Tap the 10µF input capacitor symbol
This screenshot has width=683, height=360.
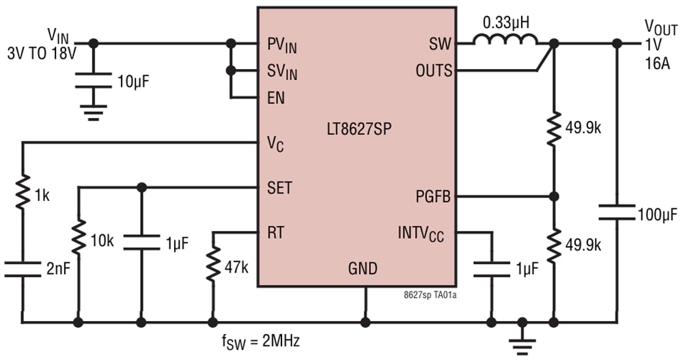(94, 80)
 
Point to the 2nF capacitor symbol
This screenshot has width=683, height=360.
(23, 269)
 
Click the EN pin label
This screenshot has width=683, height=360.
(276, 98)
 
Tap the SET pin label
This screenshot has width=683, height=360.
(279, 188)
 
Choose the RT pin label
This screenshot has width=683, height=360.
(276, 233)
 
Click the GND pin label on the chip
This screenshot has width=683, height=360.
(363, 268)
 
